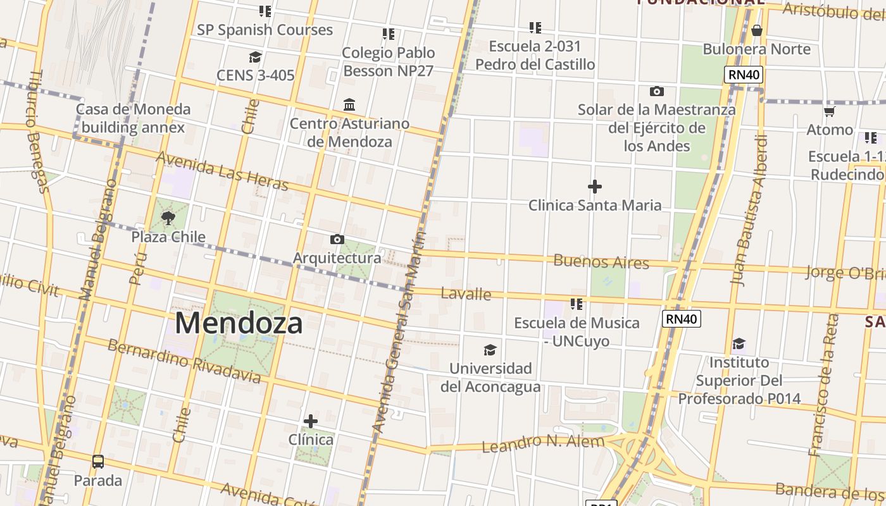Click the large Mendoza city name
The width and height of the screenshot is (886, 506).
239,323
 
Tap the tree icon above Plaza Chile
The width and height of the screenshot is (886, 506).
168,218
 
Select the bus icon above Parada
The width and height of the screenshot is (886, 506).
98,462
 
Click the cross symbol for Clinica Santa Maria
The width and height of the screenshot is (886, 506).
595,187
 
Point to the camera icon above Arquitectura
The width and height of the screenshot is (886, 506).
337,239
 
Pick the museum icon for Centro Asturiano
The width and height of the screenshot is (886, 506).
349,104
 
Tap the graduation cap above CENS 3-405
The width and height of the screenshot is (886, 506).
255,57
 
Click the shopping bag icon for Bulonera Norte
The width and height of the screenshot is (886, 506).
756,30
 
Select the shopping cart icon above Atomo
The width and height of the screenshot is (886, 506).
829,111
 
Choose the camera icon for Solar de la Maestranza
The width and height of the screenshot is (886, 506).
657,91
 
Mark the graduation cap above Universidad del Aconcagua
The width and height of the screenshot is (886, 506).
490,350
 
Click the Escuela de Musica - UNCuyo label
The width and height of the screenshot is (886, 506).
577,332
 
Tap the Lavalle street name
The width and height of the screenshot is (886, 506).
466,293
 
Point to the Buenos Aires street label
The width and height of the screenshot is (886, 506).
601,261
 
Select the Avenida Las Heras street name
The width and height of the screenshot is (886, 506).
222,171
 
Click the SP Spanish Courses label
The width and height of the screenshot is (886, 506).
265,30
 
